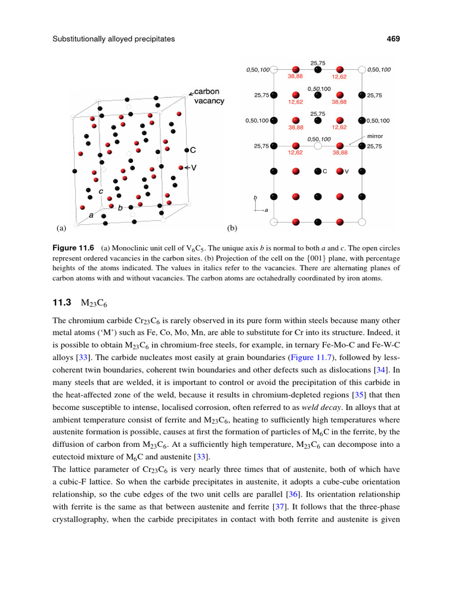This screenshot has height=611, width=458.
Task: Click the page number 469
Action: click(x=392, y=39)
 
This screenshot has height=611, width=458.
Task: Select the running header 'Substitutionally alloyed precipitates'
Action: click(x=113, y=39)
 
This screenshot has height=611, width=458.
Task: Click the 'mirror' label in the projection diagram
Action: click(x=375, y=136)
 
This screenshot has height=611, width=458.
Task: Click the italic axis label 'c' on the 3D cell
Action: click(x=101, y=192)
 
